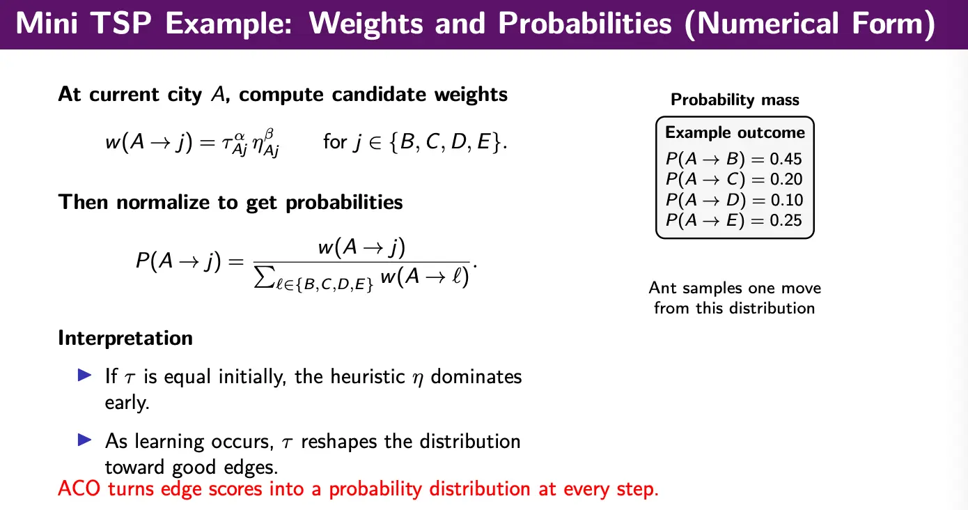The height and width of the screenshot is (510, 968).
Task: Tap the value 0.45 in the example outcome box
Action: coord(786,159)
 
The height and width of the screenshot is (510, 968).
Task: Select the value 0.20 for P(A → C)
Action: coord(786,179)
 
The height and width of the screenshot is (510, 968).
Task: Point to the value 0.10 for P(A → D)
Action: coord(786,200)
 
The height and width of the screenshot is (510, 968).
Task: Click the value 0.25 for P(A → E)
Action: coord(786,220)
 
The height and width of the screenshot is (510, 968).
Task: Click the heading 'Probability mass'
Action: coord(735,100)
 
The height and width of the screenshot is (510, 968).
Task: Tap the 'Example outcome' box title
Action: coord(735,132)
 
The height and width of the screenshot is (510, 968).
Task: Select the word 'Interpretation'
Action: coord(125,338)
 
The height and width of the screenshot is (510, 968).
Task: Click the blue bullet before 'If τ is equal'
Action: coord(85,375)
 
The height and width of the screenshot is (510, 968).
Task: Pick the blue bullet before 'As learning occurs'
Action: coord(85,440)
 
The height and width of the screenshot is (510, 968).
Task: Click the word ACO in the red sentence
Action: coord(79,489)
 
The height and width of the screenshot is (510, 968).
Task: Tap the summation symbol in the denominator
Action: coord(264,277)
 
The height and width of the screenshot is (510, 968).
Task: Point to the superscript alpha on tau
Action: coord(240,137)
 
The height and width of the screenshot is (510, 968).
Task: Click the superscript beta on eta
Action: coord(270,134)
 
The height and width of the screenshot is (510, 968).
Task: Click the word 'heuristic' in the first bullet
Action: coord(368,376)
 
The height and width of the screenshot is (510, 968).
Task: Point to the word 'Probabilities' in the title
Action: coord(585,23)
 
